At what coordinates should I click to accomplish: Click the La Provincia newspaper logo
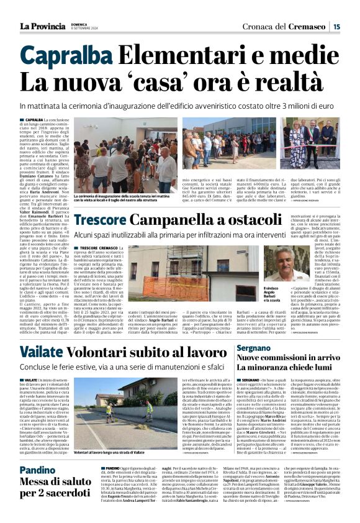(43, 26)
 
